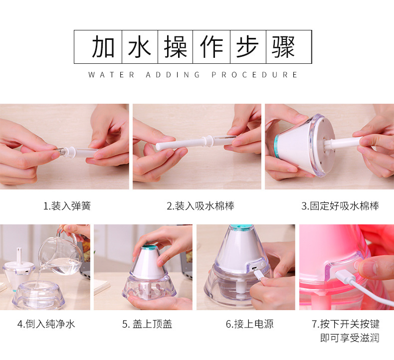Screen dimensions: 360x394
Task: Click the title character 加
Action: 103,47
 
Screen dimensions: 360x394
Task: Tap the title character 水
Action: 140,47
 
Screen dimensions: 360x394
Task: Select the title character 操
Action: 176,47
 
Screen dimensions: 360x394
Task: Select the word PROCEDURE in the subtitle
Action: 254,75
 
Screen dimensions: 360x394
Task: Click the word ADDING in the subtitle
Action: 173,75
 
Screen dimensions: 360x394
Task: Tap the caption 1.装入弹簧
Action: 67,205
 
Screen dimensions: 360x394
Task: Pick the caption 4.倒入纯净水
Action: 46,324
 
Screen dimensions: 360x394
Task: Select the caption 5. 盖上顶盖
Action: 147,324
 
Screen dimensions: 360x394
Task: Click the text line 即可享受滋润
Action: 349,338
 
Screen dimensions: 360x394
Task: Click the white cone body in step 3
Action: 299,150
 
